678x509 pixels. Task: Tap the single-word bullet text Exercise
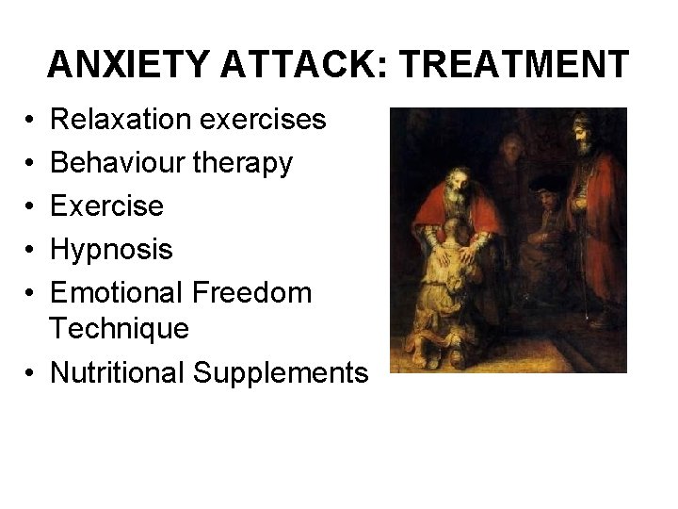106,206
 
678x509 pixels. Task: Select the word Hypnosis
111,250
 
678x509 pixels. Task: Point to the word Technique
120,329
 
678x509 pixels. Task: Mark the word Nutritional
118,372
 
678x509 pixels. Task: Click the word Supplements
282,373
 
